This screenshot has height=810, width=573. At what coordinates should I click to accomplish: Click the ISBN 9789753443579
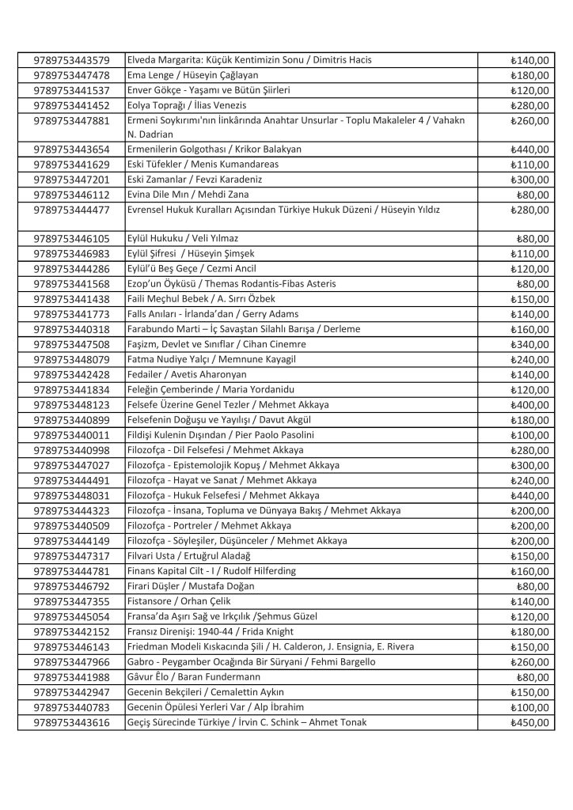coord(72,60)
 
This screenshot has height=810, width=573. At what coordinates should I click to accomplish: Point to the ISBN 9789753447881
coord(72,120)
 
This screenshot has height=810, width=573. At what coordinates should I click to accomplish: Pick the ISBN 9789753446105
coord(72,239)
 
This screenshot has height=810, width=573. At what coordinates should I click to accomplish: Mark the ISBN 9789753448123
coord(72,404)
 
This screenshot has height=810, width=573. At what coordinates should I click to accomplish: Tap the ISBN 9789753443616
coord(72,722)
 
